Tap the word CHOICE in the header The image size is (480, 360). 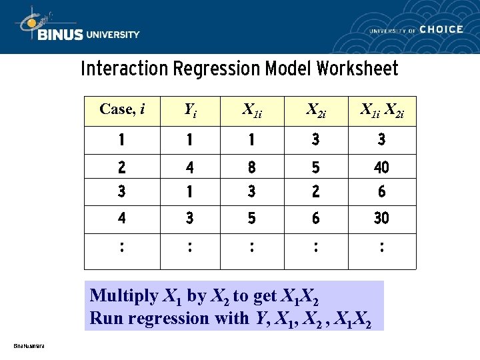[441, 29]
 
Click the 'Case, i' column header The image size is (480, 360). [122, 109]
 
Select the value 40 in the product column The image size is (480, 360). [381, 167]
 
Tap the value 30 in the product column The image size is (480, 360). [381, 218]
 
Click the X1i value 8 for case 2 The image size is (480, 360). [251, 167]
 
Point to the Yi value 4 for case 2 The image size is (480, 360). [190, 167]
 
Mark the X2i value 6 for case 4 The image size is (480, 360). [315, 218]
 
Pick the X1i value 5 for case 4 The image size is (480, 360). [251, 218]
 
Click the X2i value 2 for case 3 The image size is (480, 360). [315, 192]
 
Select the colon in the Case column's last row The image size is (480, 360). [121, 248]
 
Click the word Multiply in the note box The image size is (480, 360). [124, 296]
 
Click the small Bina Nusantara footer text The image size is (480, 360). [29, 346]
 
